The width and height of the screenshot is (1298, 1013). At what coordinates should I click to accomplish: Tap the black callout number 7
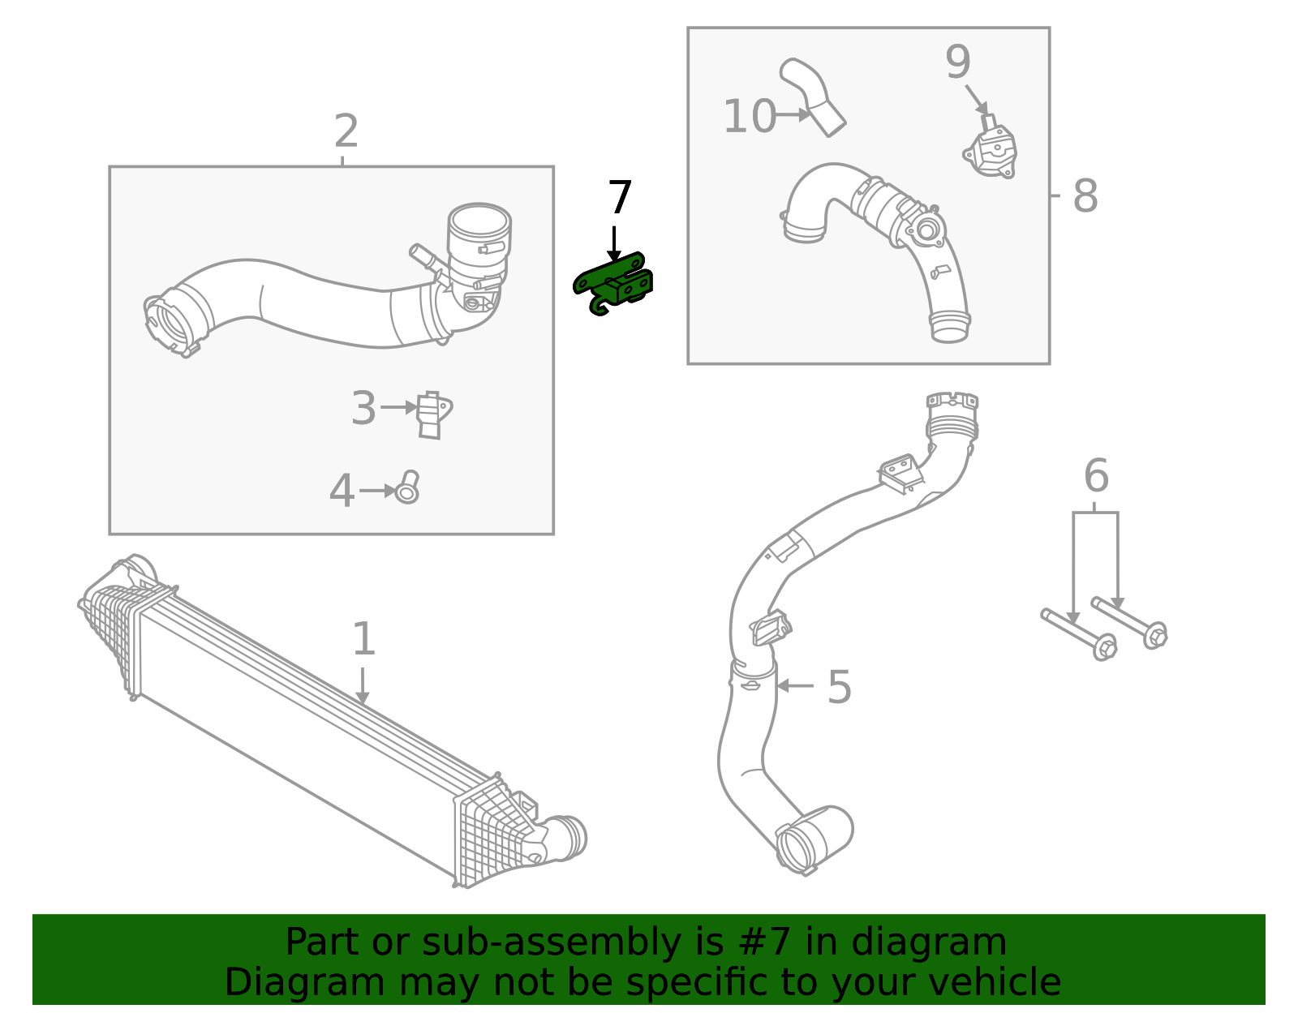tap(620, 199)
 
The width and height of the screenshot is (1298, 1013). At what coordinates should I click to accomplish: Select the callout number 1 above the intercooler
tap(363, 640)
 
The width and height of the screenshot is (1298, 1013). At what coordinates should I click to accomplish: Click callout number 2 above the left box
tap(346, 132)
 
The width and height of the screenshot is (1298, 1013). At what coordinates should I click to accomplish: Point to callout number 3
tap(363, 409)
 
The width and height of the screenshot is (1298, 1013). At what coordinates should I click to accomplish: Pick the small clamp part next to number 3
tap(433, 414)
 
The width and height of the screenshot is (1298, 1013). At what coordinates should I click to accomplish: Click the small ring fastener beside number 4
tap(407, 488)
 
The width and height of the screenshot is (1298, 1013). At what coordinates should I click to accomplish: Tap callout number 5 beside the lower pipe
tap(840, 688)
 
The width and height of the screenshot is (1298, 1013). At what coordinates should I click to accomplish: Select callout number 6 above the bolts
tap(1096, 476)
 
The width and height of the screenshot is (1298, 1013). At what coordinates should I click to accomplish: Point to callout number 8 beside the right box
tap(1085, 196)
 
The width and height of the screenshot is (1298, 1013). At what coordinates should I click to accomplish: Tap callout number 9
tap(958, 62)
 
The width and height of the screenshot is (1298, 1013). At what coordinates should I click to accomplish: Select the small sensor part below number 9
tap(992, 152)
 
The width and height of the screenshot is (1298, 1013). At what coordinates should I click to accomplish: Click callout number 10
tap(750, 117)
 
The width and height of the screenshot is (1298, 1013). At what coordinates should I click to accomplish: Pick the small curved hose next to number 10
tap(814, 96)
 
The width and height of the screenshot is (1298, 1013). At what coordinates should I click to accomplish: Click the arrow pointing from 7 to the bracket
tap(614, 243)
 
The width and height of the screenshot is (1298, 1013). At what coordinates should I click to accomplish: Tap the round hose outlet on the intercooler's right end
tap(569, 837)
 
